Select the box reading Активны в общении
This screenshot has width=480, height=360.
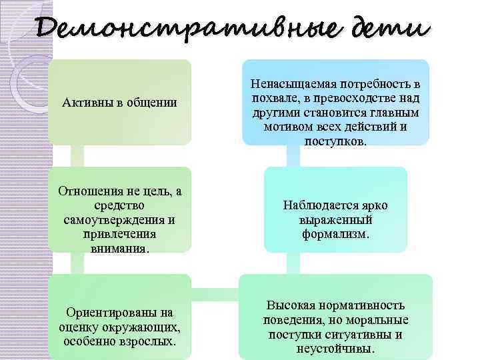(x=119, y=103)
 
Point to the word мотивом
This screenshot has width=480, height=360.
(x=287, y=127)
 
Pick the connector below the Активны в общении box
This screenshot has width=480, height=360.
(x=77, y=156)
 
